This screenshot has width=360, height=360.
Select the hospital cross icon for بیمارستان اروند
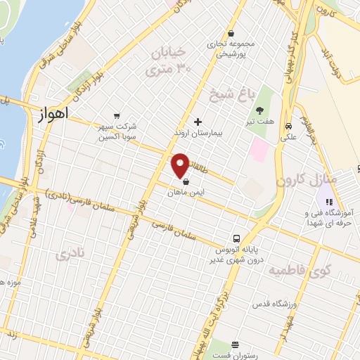[198, 122]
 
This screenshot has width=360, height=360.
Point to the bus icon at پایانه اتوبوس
[237, 239]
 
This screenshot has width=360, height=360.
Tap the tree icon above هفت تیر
[260, 110]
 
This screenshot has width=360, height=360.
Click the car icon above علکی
[289, 126]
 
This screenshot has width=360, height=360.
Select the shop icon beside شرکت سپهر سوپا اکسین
[117, 117]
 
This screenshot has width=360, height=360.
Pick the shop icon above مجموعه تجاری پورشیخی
[231, 34]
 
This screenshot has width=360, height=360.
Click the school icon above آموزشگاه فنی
[328, 202]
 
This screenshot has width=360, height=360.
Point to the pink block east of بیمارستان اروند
[260, 149]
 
